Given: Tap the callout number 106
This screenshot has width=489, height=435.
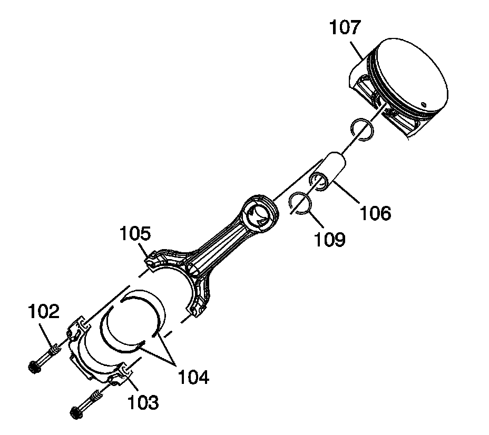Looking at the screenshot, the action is [375, 213].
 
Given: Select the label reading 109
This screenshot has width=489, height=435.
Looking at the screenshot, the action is [331, 239].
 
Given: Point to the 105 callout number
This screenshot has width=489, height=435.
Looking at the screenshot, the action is [134, 233].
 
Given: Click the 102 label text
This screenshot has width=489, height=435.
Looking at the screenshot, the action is [44, 312].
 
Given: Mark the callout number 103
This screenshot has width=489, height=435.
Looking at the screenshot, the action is [142, 403].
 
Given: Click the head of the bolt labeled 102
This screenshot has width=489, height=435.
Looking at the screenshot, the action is [35, 367].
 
